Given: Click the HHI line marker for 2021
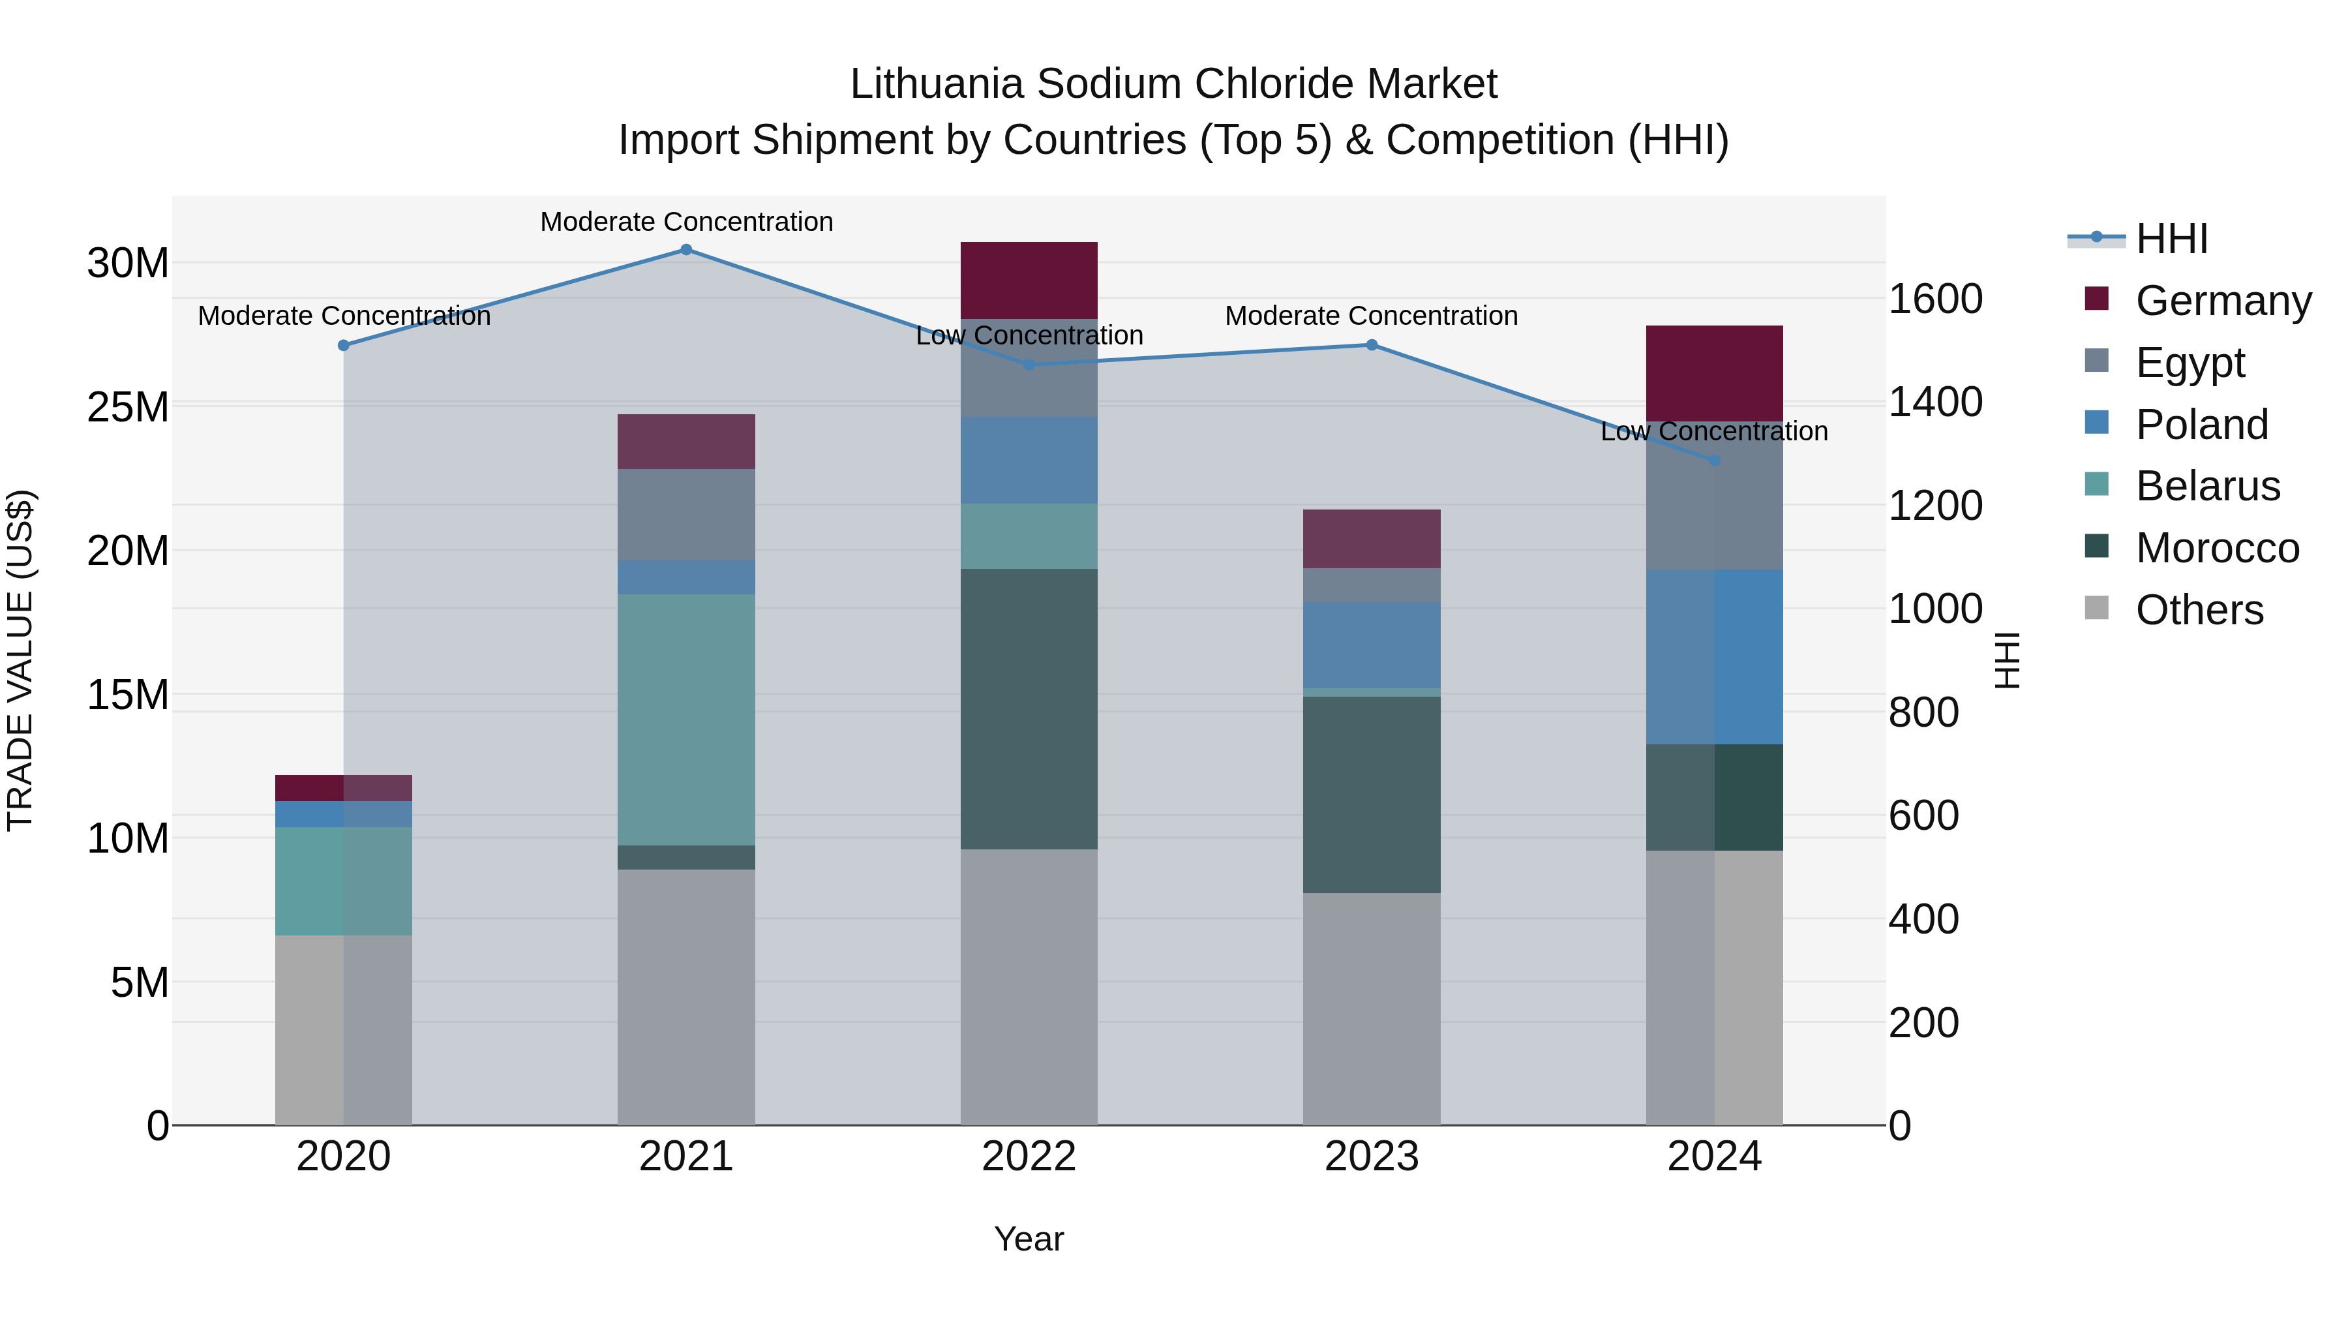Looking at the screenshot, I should (x=686, y=250).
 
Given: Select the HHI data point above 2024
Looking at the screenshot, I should (x=1715, y=461).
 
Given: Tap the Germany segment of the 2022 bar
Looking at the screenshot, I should (x=1029, y=280).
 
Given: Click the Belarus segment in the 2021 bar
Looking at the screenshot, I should (x=686, y=720).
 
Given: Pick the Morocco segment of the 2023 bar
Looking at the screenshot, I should (x=1372, y=794).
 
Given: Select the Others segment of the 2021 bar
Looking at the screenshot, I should (x=686, y=996).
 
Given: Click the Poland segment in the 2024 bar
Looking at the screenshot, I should (x=1715, y=656).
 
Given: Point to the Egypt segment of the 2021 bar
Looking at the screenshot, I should (x=686, y=514).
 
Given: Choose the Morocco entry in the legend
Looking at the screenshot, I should (x=2217, y=548).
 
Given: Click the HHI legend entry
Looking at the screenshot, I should (x=2171, y=239).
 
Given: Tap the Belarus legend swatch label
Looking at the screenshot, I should (x=2208, y=486).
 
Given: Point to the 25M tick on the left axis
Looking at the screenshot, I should (x=128, y=406).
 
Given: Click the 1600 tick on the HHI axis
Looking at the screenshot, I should (x=1935, y=299).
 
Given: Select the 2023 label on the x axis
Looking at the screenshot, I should (x=1372, y=1157).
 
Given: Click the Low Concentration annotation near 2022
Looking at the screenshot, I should (x=1029, y=335).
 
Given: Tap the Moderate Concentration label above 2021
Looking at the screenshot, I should (x=686, y=222).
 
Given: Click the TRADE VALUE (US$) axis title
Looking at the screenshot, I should (x=20, y=660).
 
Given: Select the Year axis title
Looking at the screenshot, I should (x=1029, y=1239).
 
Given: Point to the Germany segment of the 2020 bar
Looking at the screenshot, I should (x=344, y=787).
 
